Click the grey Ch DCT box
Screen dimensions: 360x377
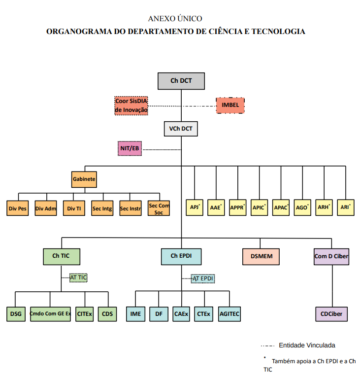(181, 81)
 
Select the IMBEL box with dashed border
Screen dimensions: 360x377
(230, 105)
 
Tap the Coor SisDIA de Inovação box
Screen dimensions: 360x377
(131, 105)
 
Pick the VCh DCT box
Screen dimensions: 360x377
(181, 129)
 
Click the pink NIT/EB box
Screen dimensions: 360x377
(130, 148)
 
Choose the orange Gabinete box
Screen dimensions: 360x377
(84, 179)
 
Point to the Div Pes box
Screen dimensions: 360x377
(18, 208)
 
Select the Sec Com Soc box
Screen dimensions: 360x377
(159, 208)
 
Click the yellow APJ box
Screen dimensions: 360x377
(195, 207)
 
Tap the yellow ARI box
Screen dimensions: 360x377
(346, 207)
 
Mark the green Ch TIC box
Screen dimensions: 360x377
(62, 257)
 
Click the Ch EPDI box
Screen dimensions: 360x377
(181, 257)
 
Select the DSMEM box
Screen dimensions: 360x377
(261, 257)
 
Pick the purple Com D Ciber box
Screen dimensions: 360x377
(331, 257)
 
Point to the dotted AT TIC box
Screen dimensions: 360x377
(78, 278)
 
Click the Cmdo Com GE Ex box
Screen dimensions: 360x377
(50, 314)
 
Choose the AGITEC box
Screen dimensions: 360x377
(229, 314)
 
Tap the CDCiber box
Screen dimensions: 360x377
(331, 314)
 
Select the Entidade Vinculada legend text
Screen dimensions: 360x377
(307, 345)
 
